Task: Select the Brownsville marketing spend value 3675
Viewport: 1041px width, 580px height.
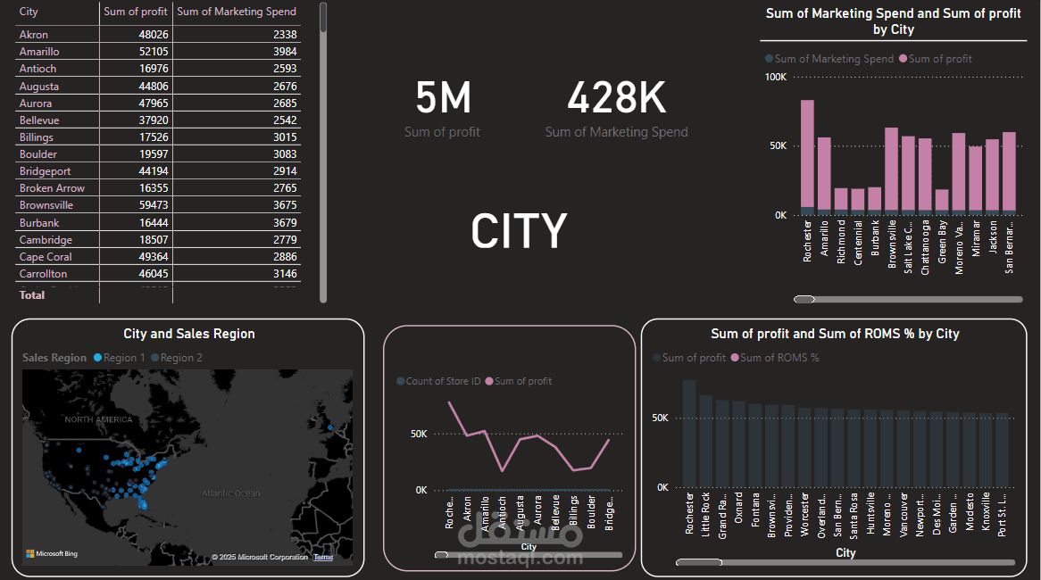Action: pyautogui.click(x=285, y=205)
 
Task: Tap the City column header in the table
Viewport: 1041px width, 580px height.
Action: pyautogui.click(x=29, y=12)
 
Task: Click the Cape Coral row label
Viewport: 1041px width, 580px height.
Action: pyautogui.click(x=45, y=257)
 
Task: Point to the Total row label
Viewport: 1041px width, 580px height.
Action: pyautogui.click(x=32, y=294)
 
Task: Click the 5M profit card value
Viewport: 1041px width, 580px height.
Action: pyautogui.click(x=443, y=98)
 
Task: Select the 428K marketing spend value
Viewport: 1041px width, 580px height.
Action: pyautogui.click(x=616, y=98)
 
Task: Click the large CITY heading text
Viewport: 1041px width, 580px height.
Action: pyautogui.click(x=519, y=231)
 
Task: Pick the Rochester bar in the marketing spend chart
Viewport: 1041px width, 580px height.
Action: pyautogui.click(x=807, y=156)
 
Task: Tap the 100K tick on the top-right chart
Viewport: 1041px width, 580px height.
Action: pyautogui.click(x=775, y=78)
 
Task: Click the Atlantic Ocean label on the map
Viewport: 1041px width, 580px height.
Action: pyautogui.click(x=230, y=493)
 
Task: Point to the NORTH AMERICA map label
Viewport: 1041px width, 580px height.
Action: pyautogui.click(x=97, y=419)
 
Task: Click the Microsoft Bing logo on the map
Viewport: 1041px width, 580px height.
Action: pyautogui.click(x=52, y=554)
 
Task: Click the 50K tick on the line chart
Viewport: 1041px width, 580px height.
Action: pyautogui.click(x=418, y=435)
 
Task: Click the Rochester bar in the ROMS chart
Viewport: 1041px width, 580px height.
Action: pyautogui.click(x=689, y=434)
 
